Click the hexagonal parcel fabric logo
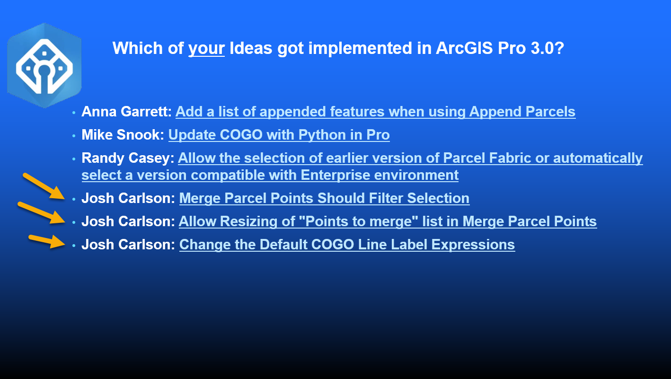click(44, 65)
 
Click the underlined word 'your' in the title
click(206, 48)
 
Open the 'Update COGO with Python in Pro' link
click(279, 135)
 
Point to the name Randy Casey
click(128, 158)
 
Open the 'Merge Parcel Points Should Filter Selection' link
click(324, 198)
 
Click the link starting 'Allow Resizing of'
click(388, 221)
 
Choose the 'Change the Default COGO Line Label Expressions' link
click(347, 245)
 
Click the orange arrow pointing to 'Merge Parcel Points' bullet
click(44, 186)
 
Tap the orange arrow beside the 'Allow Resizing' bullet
click(42, 212)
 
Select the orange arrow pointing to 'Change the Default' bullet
click(47, 241)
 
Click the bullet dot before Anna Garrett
click(74, 113)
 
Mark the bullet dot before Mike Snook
click(74, 136)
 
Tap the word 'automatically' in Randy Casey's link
click(598, 158)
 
